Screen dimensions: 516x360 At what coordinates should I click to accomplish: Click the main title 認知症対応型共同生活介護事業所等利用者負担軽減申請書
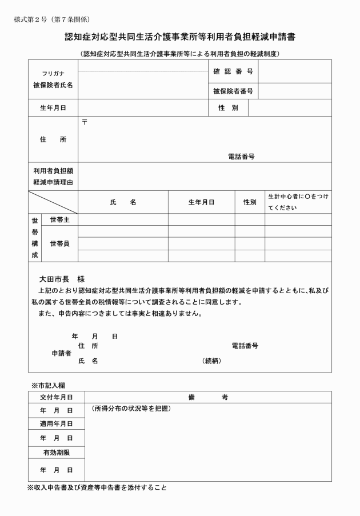click(180, 38)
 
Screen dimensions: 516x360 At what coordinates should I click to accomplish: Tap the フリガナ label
click(53, 74)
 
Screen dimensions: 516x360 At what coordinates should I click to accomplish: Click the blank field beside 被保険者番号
click(294, 90)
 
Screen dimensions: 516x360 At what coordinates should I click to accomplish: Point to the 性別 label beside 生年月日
click(227, 108)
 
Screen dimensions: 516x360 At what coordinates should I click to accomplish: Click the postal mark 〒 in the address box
click(85, 123)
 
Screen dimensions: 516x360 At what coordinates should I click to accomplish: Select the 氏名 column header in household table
click(123, 202)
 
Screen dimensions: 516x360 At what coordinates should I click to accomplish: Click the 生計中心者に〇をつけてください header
click(298, 202)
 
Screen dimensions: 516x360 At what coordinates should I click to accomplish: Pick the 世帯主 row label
click(59, 219)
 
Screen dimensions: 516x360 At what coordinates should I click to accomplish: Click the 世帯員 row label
click(59, 243)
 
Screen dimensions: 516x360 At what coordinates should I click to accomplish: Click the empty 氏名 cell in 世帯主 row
click(123, 219)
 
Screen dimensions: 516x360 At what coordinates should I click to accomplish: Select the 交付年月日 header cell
click(56, 397)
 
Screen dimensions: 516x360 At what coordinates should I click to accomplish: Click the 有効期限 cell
click(56, 452)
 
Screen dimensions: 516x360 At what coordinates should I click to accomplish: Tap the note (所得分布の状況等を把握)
click(131, 409)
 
